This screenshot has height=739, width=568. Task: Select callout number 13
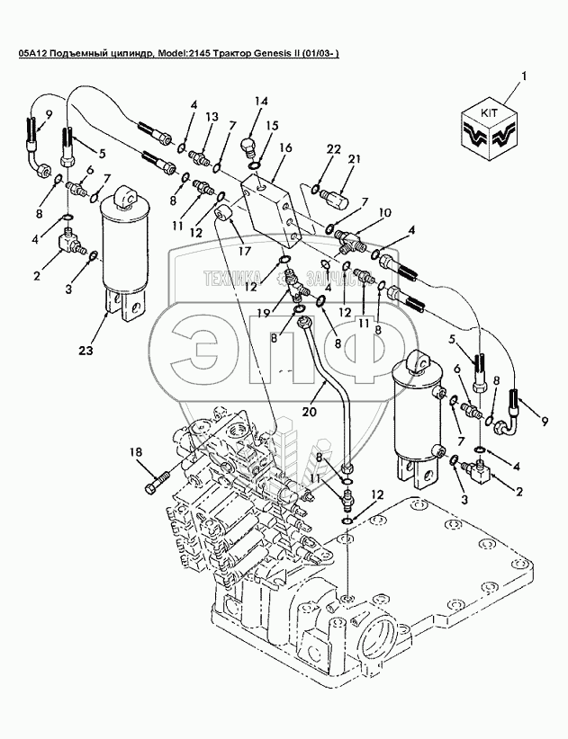212,117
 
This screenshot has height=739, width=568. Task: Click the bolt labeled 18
152,483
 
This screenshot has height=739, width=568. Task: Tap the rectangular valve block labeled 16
273,209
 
